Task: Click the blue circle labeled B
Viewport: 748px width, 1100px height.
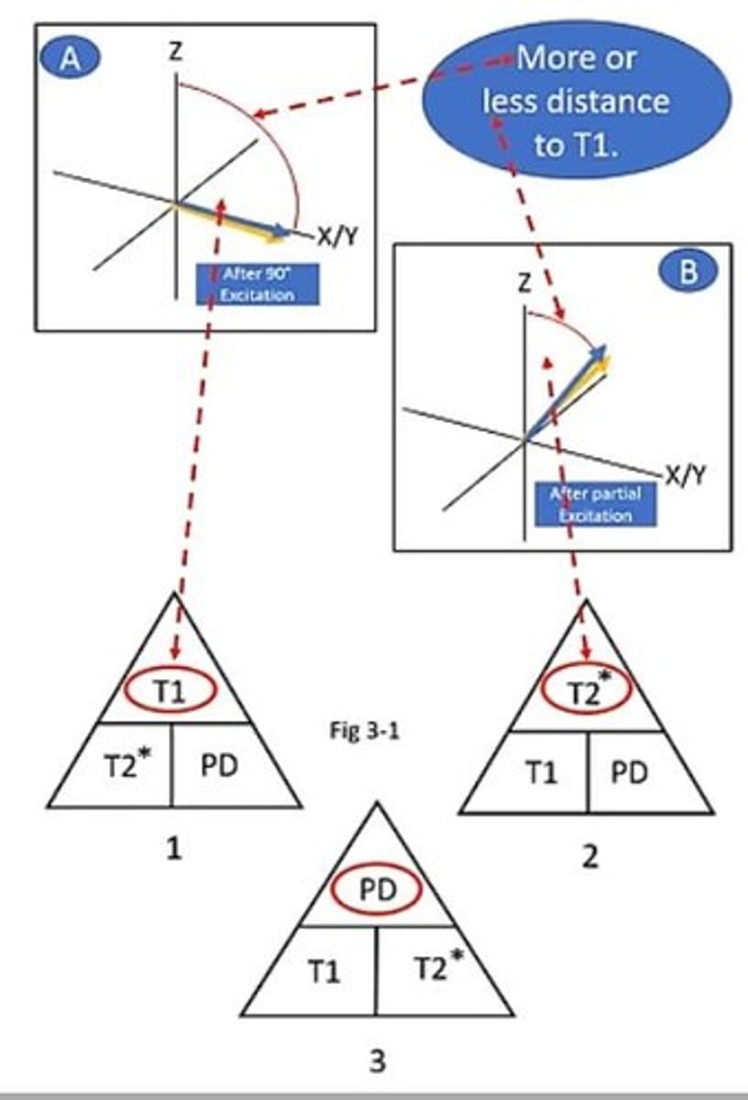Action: [687, 273]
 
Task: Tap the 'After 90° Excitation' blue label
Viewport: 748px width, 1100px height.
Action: [258, 284]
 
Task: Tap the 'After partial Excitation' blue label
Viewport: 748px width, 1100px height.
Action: [596, 503]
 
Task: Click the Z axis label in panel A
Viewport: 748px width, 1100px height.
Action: [175, 53]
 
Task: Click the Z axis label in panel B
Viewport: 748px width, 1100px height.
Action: [523, 283]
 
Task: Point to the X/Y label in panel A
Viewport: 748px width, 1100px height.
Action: [337, 236]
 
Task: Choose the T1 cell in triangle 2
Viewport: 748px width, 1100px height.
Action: [540, 773]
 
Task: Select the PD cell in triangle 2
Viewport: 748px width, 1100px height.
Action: [630, 773]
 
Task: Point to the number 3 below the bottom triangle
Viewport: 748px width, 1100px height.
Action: [377, 1061]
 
